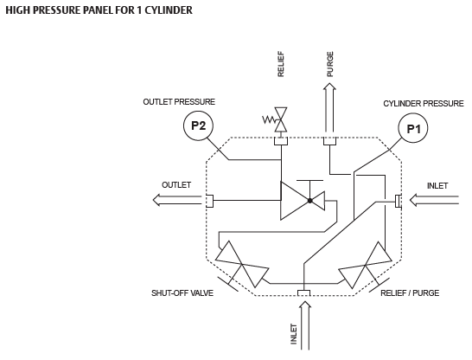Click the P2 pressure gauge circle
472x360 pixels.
198,125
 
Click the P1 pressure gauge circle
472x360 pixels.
413,129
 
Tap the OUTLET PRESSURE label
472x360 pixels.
179,102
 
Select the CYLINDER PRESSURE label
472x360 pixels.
424,104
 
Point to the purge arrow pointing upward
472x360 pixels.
329,108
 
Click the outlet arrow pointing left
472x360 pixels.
177,200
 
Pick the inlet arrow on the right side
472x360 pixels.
434,200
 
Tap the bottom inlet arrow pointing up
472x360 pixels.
305,326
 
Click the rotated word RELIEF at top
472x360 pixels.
281,64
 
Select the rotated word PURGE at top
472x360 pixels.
330,64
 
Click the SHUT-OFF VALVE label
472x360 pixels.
182,292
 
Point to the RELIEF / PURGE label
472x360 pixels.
410,292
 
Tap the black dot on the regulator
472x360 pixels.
309,201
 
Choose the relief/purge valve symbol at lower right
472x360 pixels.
365,265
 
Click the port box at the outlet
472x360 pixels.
210,201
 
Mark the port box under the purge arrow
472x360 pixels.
329,141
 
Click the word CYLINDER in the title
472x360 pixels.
169,10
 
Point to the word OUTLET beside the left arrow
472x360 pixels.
176,184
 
